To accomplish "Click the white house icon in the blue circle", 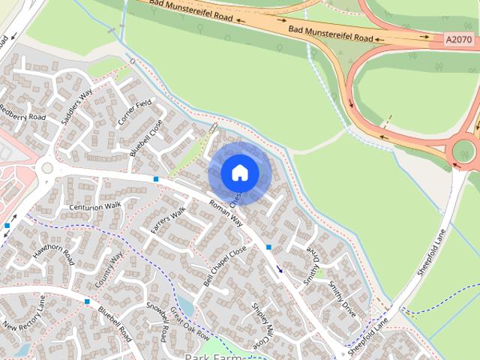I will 239,173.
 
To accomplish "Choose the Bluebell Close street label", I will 145,139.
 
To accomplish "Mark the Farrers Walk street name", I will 167,223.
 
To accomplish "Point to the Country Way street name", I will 109,271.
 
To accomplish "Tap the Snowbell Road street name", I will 158,322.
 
